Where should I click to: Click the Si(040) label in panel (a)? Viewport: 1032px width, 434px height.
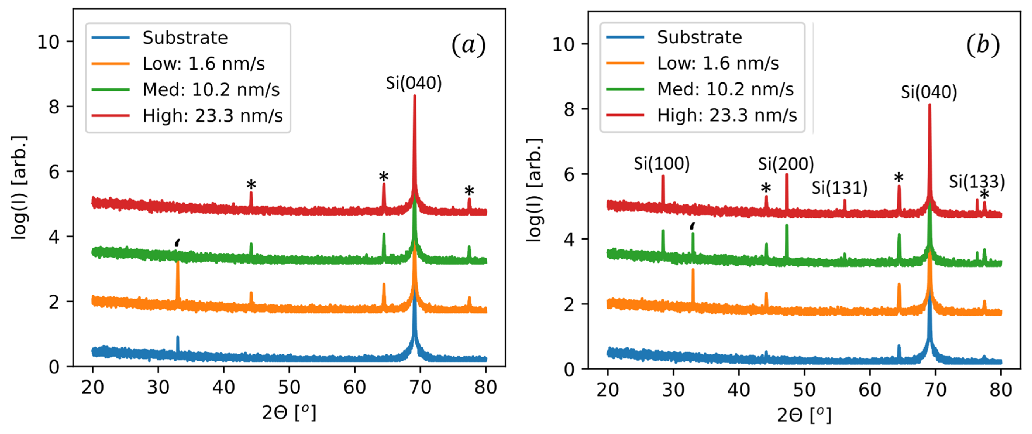click(414, 83)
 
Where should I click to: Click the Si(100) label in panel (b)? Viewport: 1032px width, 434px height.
click(661, 163)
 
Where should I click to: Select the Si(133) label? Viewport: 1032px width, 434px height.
click(976, 182)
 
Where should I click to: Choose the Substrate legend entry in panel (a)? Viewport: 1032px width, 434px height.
click(185, 38)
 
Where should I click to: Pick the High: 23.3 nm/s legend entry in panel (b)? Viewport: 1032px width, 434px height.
click(727, 116)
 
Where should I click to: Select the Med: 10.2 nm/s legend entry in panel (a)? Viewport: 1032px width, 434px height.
click(211, 90)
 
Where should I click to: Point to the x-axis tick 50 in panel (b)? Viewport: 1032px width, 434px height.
click(804, 390)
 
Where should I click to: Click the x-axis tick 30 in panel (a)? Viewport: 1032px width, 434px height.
click(158, 387)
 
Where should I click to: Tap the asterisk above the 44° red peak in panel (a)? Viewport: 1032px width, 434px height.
click(251, 185)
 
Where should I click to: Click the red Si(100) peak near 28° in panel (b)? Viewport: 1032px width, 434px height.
click(663, 188)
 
